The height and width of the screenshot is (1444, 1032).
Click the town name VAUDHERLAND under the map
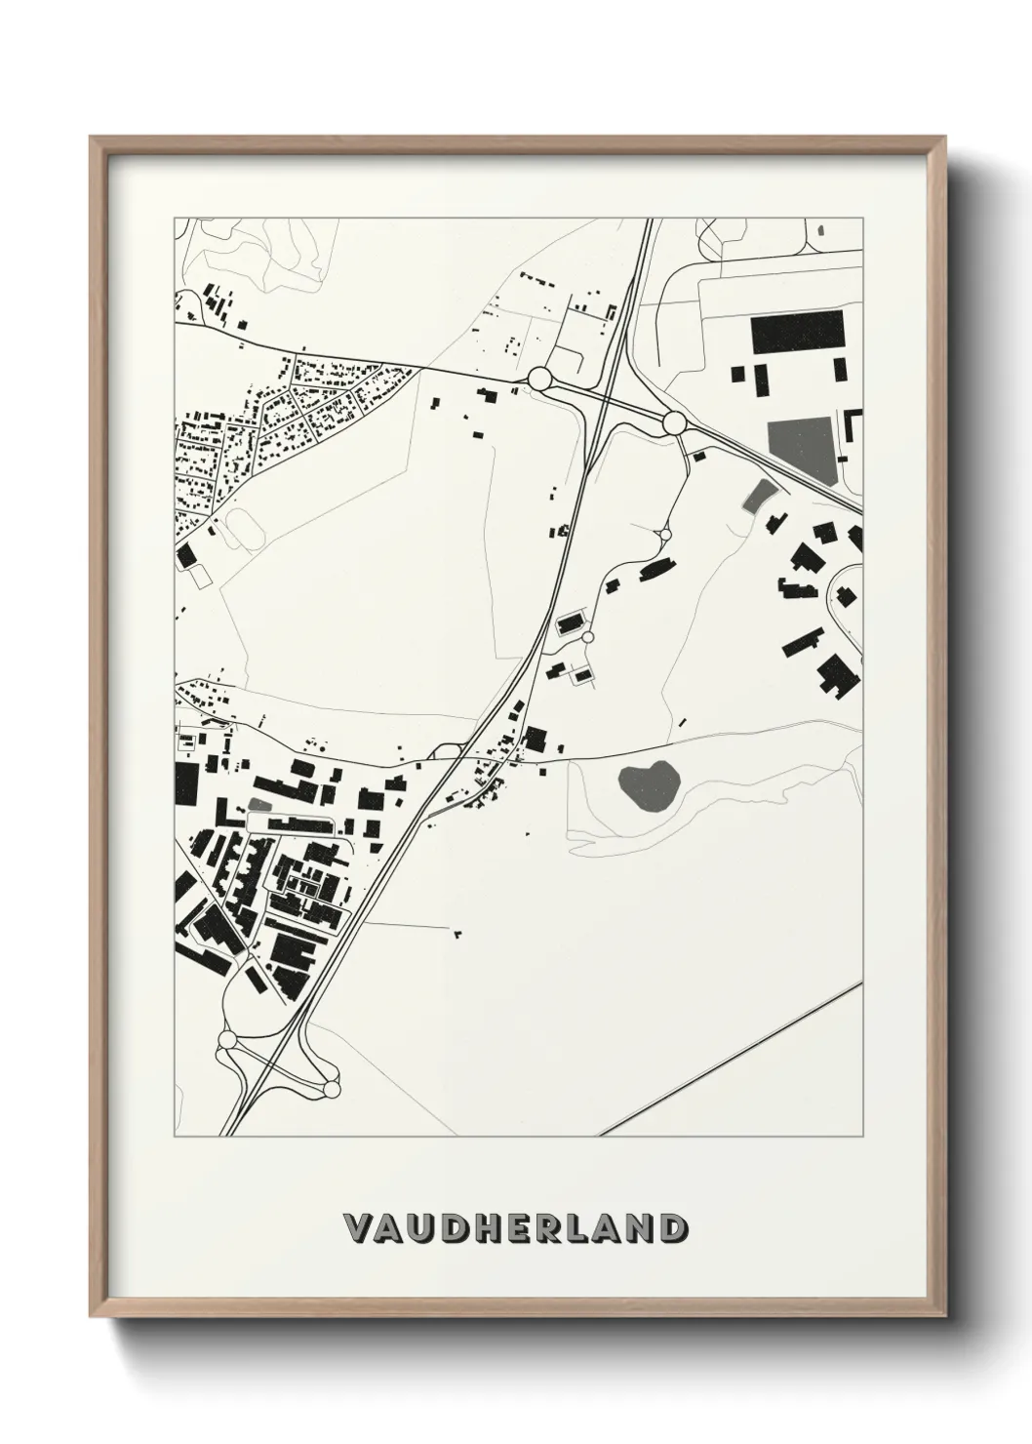pos(515,1228)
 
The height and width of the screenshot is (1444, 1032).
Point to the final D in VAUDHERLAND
pos(671,1228)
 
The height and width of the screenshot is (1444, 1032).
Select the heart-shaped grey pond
pos(648,784)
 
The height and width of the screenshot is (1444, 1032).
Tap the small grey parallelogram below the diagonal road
pos(755,496)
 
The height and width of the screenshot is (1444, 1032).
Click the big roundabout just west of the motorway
pos(539,379)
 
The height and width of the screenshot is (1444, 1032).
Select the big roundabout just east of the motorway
pos(673,422)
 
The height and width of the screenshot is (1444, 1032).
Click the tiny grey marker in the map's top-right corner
pos(820,230)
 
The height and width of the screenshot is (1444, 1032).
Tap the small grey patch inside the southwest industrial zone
pos(258,804)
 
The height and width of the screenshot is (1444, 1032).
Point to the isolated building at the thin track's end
pos(456,934)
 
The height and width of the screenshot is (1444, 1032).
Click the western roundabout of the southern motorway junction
pos(228,1041)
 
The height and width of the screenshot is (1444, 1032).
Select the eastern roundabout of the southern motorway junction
pos(331,1087)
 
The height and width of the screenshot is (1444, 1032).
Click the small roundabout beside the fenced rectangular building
pos(588,637)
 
